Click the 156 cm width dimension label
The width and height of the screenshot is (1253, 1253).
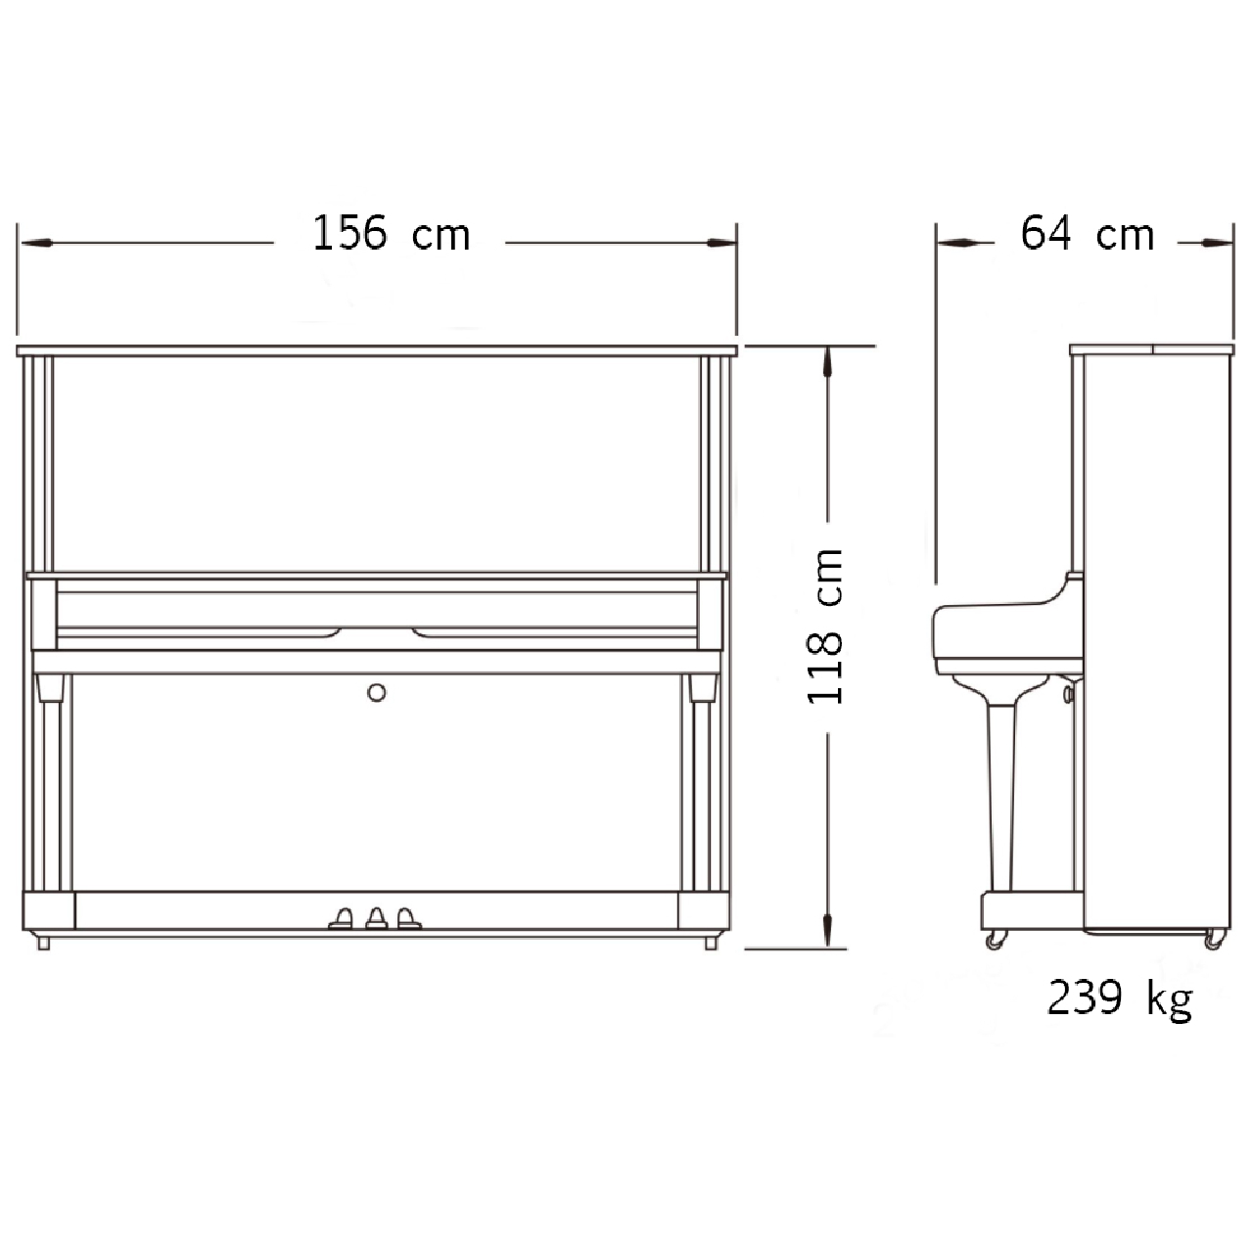392,233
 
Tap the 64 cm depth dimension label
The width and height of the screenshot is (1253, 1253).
1088,233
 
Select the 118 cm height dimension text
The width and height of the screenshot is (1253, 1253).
825,626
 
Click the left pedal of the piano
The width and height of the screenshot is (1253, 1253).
341,918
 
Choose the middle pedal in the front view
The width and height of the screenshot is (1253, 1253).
377,918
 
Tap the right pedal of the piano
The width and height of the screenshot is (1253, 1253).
408,918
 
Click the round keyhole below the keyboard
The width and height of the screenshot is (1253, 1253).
377,692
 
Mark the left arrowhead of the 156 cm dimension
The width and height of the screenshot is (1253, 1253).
36,243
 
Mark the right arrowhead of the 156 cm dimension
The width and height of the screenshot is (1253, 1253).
721,243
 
